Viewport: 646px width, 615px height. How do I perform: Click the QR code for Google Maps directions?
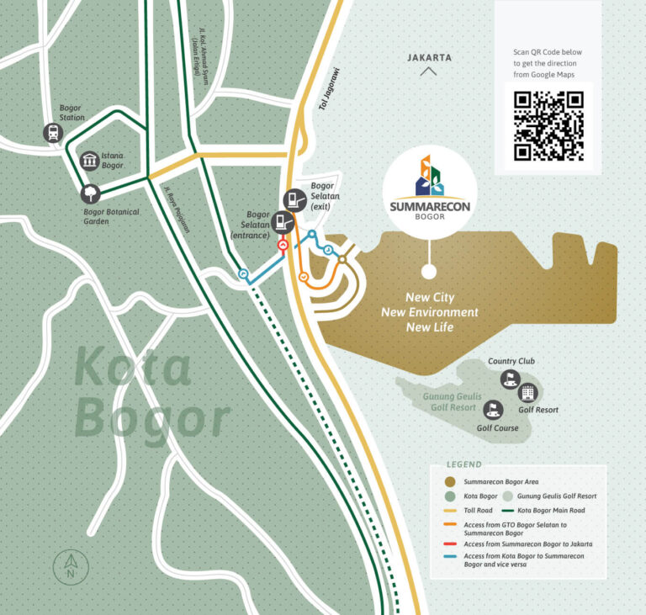tap(548, 125)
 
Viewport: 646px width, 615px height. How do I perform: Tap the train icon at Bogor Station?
tap(53, 133)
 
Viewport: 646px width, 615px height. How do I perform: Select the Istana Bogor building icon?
tap(89, 161)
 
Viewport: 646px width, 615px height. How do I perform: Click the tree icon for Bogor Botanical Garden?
tap(89, 194)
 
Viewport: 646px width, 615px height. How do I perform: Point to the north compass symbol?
tap(71, 567)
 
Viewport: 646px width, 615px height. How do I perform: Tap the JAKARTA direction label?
tap(429, 58)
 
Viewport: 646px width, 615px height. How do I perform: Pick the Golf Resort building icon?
tap(527, 392)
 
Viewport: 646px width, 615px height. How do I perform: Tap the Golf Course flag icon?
tap(493, 410)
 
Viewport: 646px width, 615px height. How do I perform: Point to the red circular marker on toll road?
tap(283, 246)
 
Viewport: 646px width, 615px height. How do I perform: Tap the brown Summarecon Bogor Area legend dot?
tap(449, 482)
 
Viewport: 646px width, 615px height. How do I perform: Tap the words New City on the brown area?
tap(430, 298)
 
